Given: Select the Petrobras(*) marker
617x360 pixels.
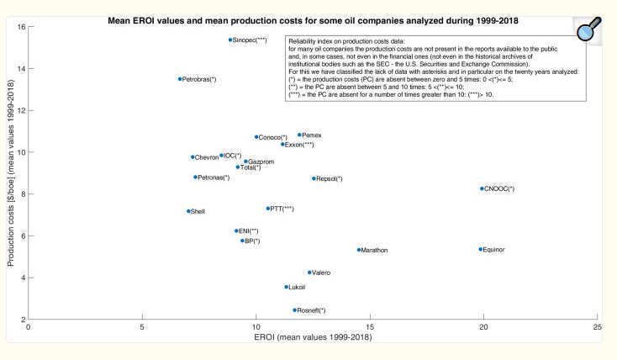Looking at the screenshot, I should pyautogui.click(x=180, y=79).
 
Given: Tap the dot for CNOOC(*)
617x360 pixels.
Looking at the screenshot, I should pyautogui.click(x=482, y=188).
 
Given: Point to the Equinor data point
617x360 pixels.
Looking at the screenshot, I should pyautogui.click(x=481, y=249).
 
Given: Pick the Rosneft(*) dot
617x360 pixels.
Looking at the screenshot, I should pyautogui.click(x=295, y=310).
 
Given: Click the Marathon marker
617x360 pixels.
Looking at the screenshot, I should pyautogui.click(x=359, y=250).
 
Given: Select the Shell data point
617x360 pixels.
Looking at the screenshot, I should pyautogui.click(x=188, y=211).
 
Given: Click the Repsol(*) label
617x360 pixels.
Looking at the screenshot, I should pyautogui.click(x=330, y=178).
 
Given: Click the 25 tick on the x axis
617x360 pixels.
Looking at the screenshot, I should pyautogui.click(x=597, y=326).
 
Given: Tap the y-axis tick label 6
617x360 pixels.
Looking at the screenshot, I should pyautogui.click(x=22, y=236).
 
